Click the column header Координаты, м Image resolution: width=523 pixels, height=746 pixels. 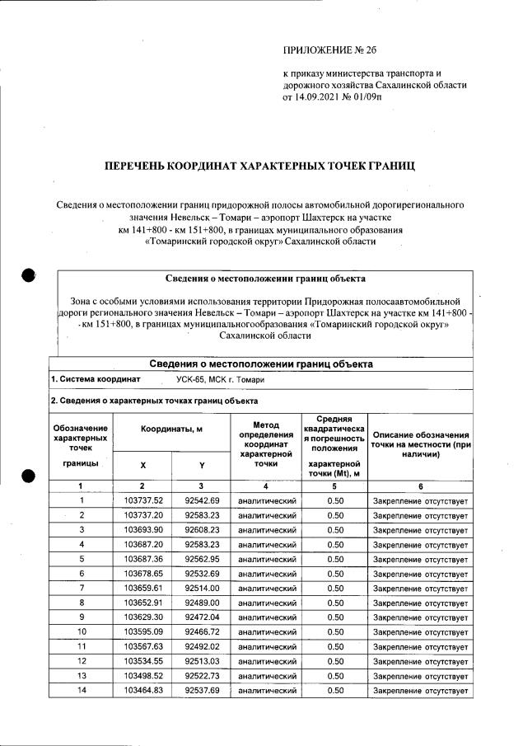171,431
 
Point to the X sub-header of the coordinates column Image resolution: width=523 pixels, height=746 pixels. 142,465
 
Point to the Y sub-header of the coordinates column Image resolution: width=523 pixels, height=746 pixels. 201,465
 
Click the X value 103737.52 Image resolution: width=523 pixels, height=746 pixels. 143,500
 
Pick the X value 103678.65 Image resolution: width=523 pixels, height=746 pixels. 143,573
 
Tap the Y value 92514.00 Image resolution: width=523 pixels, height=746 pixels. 202,588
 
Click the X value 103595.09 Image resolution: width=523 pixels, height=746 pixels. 143,631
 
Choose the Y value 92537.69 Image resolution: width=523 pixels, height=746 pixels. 202,690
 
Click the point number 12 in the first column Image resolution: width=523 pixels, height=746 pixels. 81,661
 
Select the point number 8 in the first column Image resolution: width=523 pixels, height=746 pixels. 81,603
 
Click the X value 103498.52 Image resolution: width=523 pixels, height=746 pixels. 143,675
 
